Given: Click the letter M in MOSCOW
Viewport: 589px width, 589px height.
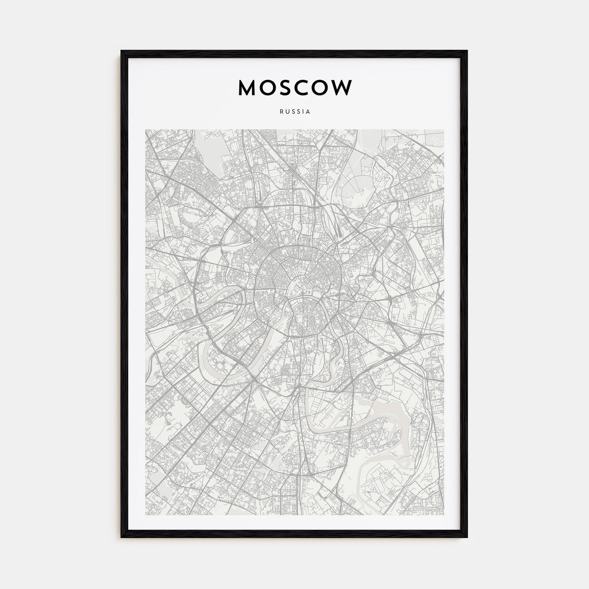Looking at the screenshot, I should [x=248, y=88].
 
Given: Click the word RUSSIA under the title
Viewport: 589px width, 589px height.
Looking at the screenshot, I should [x=294, y=112].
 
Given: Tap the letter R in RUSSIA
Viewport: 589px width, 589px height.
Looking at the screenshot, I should [x=280, y=112].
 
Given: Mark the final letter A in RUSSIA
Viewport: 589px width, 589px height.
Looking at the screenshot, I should [x=308, y=112].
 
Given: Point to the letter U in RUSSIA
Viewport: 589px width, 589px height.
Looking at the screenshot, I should [x=286, y=112].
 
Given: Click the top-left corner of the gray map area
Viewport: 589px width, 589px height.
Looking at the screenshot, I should [x=146, y=130].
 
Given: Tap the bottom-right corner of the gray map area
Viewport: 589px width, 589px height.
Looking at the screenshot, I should [x=443, y=514].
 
